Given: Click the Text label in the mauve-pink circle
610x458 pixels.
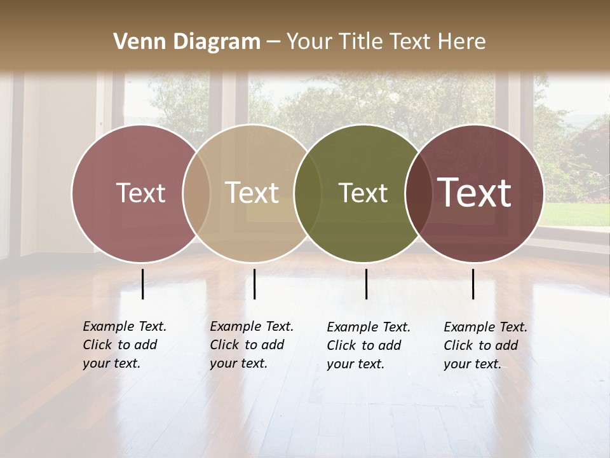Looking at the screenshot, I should pyautogui.click(x=140, y=193).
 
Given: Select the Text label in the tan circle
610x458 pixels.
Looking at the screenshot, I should pyautogui.click(x=252, y=193).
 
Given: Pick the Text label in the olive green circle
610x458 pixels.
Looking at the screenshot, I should pyautogui.click(x=363, y=193).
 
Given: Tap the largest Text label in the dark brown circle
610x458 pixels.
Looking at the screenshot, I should pyautogui.click(x=475, y=193).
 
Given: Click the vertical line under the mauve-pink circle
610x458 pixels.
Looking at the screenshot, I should pyautogui.click(x=143, y=284).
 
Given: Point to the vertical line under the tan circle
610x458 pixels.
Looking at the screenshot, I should pyautogui.click(x=254, y=284).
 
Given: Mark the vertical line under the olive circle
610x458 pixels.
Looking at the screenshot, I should pyautogui.click(x=367, y=284).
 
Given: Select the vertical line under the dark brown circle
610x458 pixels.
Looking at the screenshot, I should pyautogui.click(x=473, y=284).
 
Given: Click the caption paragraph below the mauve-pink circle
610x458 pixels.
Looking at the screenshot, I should pyautogui.click(x=125, y=345).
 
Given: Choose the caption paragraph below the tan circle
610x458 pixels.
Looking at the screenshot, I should pyautogui.click(x=252, y=345).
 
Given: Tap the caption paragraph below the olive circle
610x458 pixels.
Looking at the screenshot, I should pyautogui.click(x=369, y=345).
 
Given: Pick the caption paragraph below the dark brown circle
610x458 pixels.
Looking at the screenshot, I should pyautogui.click(x=485, y=345).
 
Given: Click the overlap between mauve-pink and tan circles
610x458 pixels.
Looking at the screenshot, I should pyautogui.click(x=196, y=193).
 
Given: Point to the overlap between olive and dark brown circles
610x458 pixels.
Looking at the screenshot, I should pyautogui.click(x=416, y=193).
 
